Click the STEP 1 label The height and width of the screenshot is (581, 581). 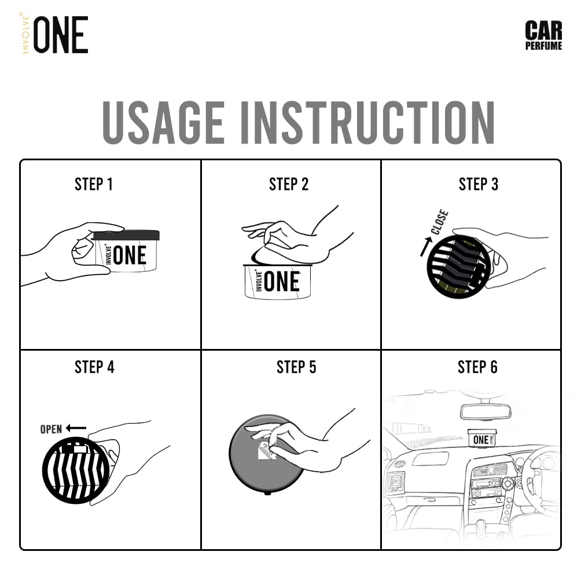(x=94, y=185)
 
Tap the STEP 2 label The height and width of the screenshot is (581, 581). (x=289, y=185)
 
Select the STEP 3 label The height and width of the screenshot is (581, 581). (x=478, y=185)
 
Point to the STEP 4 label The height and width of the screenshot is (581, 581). (x=94, y=367)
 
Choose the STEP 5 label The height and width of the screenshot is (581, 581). (x=296, y=367)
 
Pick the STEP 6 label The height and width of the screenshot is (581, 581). (x=477, y=367)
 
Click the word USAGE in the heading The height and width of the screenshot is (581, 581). (x=163, y=123)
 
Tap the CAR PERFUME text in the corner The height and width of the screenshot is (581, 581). (x=543, y=35)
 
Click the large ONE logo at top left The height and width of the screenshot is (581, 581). (x=60, y=35)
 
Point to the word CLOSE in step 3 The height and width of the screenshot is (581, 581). (x=439, y=222)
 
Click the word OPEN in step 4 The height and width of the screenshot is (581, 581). (x=51, y=429)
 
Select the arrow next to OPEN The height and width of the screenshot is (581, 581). (x=76, y=428)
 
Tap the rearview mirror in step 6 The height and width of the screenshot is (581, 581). (x=484, y=411)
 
